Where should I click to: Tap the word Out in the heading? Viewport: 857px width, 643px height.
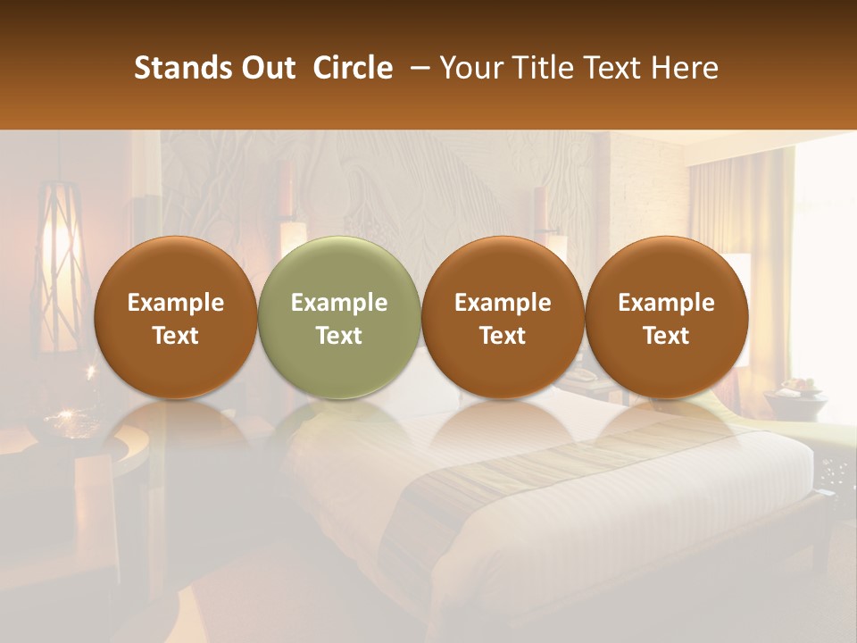coord(266,68)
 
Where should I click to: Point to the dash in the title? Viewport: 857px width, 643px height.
coord(416,68)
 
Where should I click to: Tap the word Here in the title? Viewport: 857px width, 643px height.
coord(684,68)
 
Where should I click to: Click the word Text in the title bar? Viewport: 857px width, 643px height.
coord(615,68)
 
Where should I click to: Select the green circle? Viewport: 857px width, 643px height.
coord(339,317)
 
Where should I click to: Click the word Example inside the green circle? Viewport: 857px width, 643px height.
coord(339,303)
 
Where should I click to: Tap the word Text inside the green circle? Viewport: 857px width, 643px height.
coord(339,336)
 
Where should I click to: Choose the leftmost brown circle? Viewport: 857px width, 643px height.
coord(175,317)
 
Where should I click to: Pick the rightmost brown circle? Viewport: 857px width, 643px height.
coord(666,317)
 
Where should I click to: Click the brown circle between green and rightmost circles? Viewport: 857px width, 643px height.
coord(503,317)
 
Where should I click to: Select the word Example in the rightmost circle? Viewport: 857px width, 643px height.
coord(666,303)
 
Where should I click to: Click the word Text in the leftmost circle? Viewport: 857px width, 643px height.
coord(175,336)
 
